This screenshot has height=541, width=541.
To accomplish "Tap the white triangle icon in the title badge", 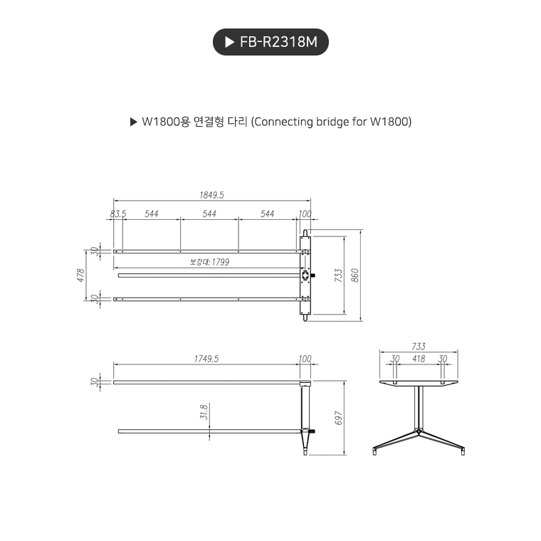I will point(229,42).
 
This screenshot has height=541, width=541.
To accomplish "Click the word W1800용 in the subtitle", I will point(165,122).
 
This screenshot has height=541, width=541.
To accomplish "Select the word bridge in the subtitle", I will point(316,122).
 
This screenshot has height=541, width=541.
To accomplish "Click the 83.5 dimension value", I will point(118,214).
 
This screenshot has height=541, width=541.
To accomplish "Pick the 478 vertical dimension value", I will point(80,275).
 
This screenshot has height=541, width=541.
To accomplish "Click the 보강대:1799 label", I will point(209,262).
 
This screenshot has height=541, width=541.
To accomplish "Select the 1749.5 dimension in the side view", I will point(206,359).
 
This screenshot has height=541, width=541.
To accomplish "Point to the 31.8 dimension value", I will point(204,411).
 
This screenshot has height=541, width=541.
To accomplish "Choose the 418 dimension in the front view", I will point(419,359).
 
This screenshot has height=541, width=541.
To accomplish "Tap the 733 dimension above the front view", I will point(419,347).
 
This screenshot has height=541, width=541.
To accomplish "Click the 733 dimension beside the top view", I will point(339,275).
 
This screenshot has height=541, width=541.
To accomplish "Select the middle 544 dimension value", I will point(209,214).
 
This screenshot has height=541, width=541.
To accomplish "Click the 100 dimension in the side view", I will point(305,359).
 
